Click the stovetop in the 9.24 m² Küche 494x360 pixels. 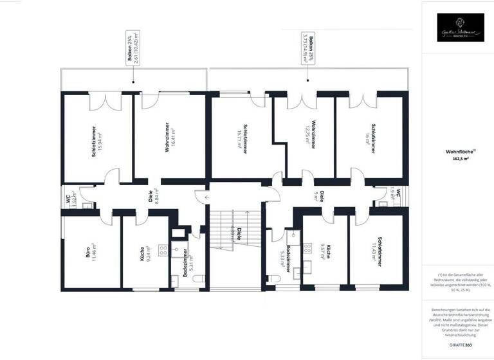point(162,249)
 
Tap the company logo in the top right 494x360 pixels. point(460,28)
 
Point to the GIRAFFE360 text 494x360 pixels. point(460,345)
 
